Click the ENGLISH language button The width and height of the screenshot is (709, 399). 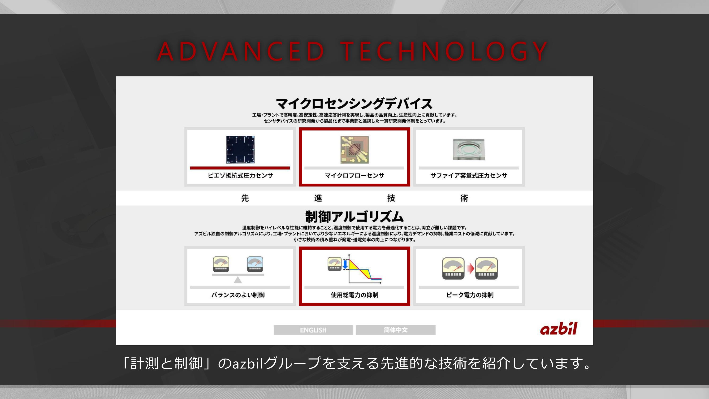click(313, 330)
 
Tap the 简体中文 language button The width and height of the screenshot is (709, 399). click(396, 330)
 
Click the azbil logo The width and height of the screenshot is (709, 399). click(558, 329)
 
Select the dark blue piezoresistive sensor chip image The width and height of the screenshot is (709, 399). click(240, 150)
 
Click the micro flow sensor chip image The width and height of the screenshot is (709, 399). click(354, 150)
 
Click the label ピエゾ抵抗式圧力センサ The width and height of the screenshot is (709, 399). click(240, 175)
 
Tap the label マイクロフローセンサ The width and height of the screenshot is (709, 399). click(354, 175)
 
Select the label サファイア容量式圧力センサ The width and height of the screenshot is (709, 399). click(469, 175)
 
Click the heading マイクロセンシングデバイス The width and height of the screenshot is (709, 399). click(354, 104)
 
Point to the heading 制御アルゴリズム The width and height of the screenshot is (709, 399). click(354, 217)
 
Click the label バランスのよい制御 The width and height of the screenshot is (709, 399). click(238, 295)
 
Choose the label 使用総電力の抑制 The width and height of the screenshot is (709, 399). click(354, 295)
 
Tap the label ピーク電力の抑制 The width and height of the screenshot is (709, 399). click(470, 295)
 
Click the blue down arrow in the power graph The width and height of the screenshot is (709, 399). click(345, 264)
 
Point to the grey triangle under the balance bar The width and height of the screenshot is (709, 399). click(238, 280)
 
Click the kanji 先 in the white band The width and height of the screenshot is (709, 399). click(245, 198)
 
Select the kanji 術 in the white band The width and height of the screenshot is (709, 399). click(464, 198)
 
